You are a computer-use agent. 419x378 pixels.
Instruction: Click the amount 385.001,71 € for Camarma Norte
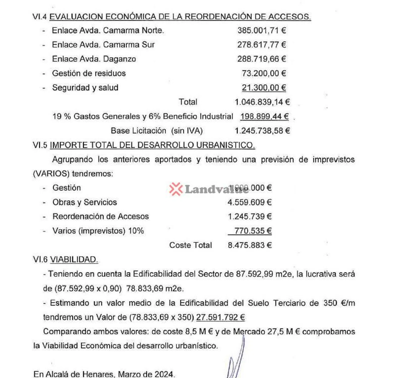tap(261, 30)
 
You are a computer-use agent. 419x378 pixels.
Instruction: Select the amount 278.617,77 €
tap(261, 45)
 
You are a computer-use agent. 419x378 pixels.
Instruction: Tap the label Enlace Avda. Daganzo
tap(94, 59)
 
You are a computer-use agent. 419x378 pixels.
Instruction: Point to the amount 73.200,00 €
tap(264, 73)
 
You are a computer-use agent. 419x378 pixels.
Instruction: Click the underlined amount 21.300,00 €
tap(264, 88)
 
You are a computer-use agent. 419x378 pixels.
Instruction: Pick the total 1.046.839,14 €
tap(262, 102)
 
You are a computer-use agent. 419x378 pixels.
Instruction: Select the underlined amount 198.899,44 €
tap(264, 116)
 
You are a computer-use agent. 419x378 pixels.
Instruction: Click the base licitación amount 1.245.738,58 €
tap(262, 131)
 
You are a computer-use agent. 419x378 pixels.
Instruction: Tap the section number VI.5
tap(40, 145)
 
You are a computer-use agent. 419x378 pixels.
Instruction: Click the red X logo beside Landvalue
tap(176, 189)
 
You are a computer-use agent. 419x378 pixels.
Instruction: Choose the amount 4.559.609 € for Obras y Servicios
tap(249, 202)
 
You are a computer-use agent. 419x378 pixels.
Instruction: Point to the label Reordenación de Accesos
tap(100, 216)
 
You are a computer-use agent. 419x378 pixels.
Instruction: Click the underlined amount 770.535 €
tap(253, 231)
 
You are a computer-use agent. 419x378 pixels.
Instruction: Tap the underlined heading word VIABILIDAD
tap(74, 260)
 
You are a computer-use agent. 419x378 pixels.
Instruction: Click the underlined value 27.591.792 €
tap(220, 317)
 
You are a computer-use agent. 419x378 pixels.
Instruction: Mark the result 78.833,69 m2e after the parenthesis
tap(155, 289)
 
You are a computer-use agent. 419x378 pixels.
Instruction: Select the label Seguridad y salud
tap(85, 88)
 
